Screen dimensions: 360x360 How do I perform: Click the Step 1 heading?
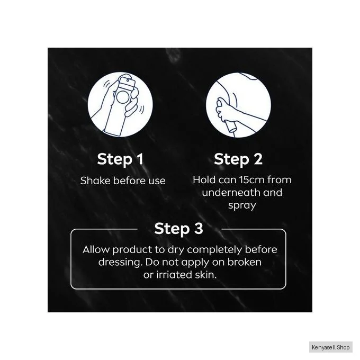click(x=120, y=159)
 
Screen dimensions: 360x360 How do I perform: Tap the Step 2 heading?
click(x=238, y=159)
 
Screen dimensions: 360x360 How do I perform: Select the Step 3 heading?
click(x=178, y=229)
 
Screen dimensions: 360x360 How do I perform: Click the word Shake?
click(x=95, y=181)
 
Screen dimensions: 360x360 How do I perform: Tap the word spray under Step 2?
click(x=242, y=205)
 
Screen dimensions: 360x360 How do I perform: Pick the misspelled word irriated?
click(x=174, y=275)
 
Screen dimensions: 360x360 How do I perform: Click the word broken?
click(x=244, y=262)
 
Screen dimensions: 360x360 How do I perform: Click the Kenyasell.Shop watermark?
click(x=330, y=347)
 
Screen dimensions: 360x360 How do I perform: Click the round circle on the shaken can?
click(x=123, y=97)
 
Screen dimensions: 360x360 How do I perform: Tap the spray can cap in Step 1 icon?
click(x=127, y=83)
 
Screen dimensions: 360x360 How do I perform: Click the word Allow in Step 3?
click(x=96, y=249)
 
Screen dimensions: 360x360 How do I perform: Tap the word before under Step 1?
click(x=129, y=181)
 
